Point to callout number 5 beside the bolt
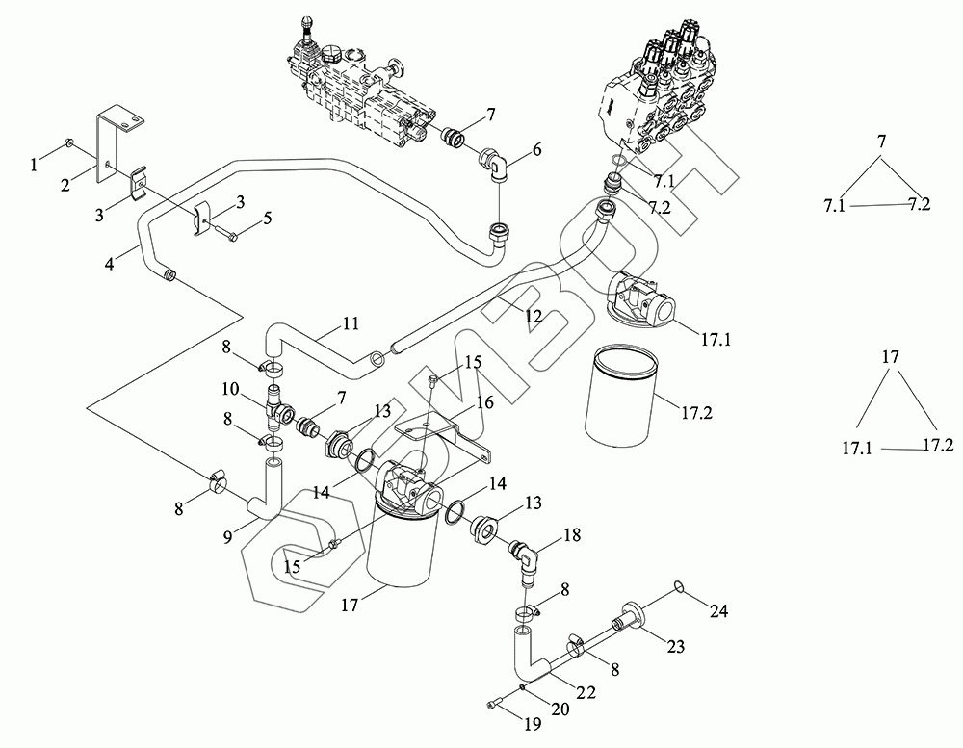268,219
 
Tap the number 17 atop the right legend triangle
891,357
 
